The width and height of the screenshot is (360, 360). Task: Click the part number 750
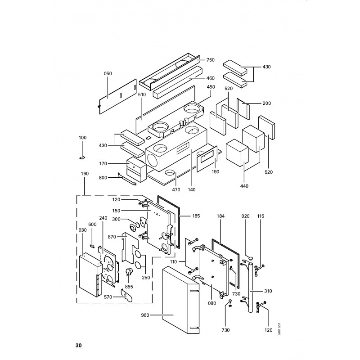[x=211, y=60]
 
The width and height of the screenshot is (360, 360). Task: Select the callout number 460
[x=211, y=78]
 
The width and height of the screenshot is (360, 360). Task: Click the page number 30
[x=78, y=346]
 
